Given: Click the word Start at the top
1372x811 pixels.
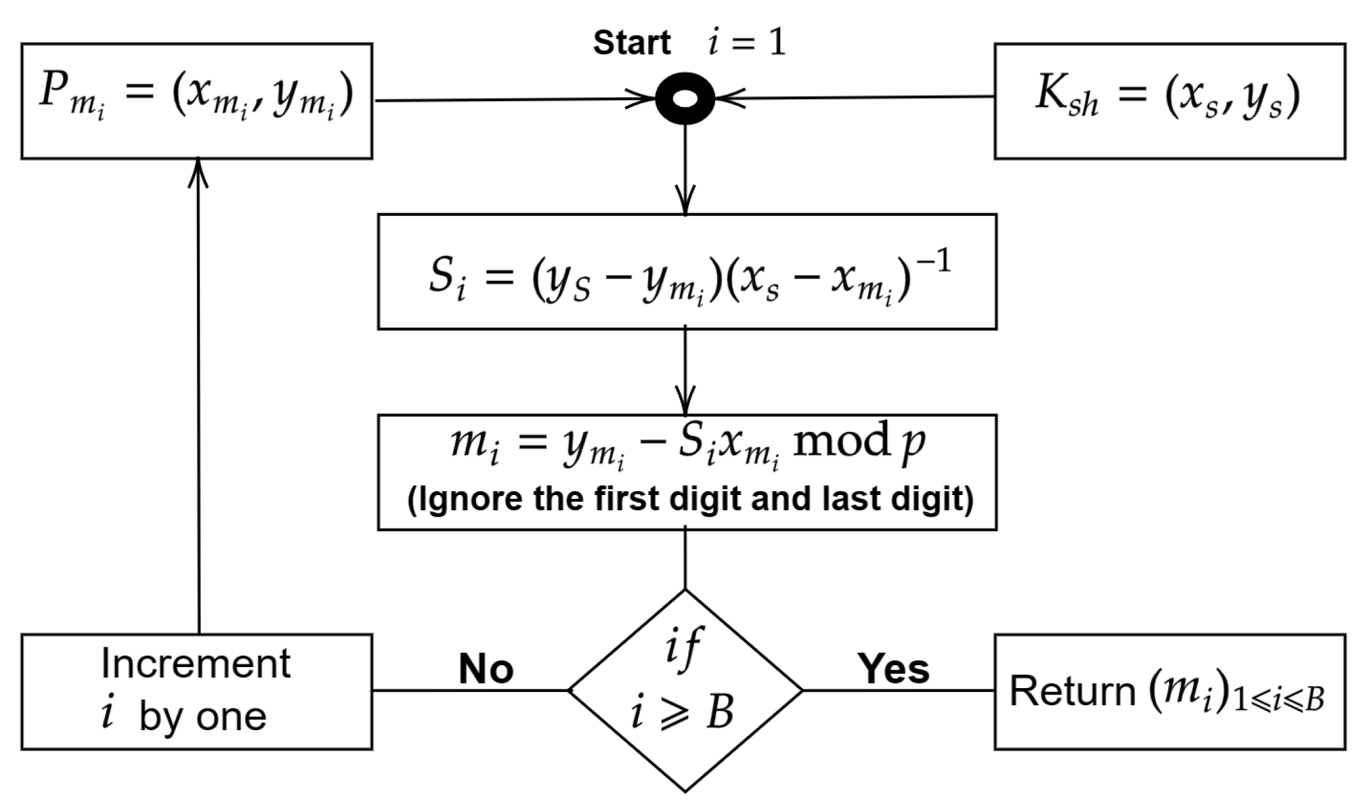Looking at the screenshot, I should (632, 43).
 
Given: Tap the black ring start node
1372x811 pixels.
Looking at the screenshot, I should (685, 99).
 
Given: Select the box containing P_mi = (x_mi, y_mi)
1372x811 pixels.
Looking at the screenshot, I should (196, 101).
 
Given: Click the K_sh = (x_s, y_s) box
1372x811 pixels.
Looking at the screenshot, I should (1169, 101).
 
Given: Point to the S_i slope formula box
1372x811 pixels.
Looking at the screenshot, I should (687, 272).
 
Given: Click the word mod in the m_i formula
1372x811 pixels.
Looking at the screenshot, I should (840, 442).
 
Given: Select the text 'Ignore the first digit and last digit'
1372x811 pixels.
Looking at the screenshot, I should (690, 499).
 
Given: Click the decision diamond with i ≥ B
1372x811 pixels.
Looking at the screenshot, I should (685, 690).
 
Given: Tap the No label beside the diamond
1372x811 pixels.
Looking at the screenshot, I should (486, 670).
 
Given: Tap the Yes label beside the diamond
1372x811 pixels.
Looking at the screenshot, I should (893, 669).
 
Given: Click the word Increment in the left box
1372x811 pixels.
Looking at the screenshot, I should (196, 664).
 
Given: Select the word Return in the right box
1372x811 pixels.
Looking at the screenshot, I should (1072, 691).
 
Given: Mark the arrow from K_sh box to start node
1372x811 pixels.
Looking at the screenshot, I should (860, 98).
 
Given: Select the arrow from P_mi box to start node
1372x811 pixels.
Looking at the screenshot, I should (510, 100).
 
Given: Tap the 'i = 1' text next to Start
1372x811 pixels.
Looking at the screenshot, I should (747, 43).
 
